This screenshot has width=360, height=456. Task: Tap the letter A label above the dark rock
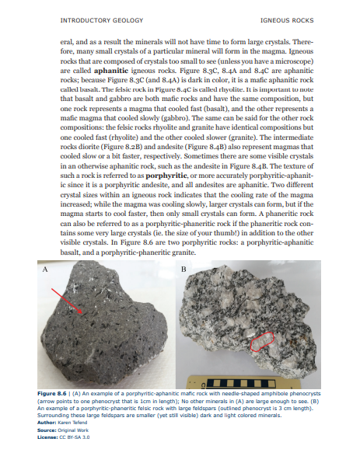click(44, 268)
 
